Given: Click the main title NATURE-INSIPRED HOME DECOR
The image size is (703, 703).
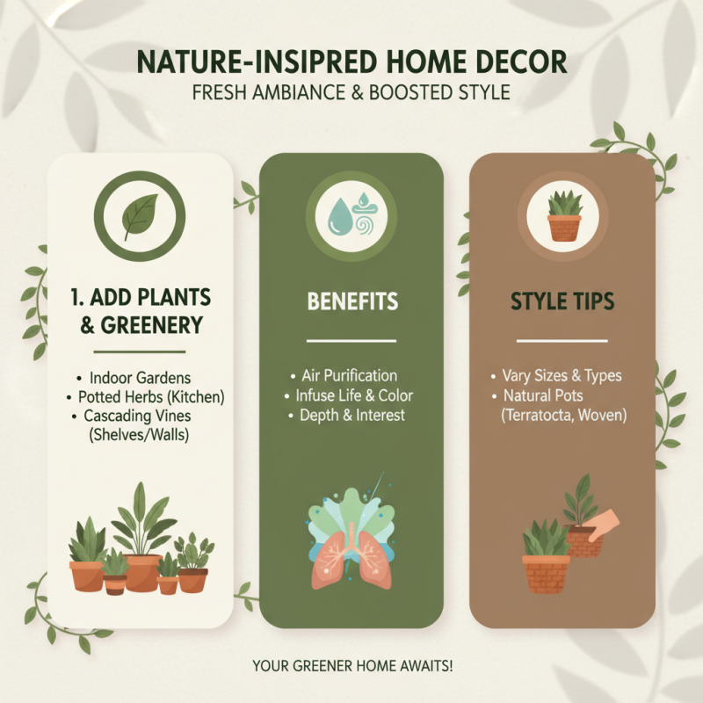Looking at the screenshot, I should click(351, 63).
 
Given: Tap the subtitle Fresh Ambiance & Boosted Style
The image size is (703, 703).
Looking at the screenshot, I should click(351, 92).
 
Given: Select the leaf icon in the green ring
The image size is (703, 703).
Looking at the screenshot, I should click(140, 214).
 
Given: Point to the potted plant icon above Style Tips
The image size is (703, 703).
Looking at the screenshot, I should click(563, 215).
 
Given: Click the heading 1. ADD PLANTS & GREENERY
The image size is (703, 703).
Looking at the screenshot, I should click(141, 310).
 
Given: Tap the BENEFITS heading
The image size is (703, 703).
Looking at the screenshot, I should click(351, 301).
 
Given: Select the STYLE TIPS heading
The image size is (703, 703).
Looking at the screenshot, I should click(562, 301).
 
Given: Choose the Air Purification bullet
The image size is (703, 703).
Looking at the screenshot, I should click(349, 376).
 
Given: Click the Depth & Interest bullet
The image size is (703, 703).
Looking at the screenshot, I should click(352, 415).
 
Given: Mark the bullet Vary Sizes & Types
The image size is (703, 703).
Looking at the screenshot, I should click(562, 376).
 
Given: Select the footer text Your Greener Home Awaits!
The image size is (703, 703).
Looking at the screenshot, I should click(351, 666).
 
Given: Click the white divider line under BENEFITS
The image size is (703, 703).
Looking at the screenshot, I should click(351, 341).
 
